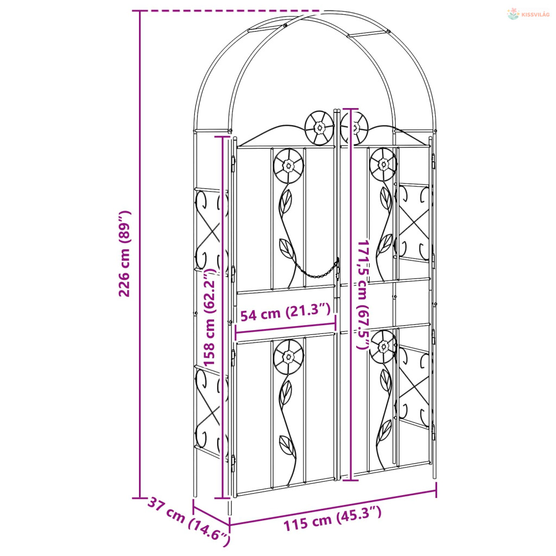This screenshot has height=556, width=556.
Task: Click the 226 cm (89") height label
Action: (125, 254)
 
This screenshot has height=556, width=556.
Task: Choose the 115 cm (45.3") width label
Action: (332, 520)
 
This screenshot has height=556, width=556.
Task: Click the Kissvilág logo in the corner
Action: (528, 14)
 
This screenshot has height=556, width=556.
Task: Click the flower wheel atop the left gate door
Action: (319, 128)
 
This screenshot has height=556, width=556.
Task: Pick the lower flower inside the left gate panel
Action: (288, 357)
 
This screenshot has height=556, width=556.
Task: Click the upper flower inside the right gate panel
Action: (383, 163)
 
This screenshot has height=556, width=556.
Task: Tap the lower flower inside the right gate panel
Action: (383, 346)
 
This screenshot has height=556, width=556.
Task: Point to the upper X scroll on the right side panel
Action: (413, 223)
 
